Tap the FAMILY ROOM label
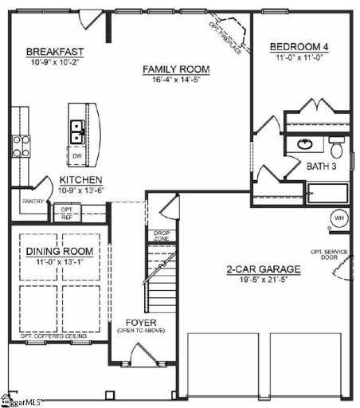coord(175,69)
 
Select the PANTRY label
coord(33,202)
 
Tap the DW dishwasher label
coord(76,156)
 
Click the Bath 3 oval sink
coord(306,145)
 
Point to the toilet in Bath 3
coord(335,147)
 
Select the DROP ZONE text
coord(161,236)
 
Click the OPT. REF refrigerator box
coord(67,214)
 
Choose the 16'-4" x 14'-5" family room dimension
coord(175,80)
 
